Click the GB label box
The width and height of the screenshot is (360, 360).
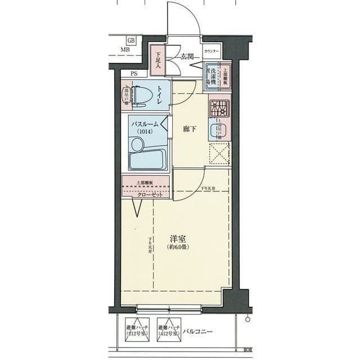click(130, 40)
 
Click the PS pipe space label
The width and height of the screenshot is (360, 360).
click(134, 74)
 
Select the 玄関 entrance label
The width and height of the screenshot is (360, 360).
click(187, 56)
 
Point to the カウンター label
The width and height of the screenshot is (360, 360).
click(211, 52)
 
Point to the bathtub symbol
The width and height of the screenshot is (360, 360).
click(147, 159)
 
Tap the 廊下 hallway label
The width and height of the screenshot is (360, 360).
click(190, 129)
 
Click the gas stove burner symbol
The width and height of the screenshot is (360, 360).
click(218, 107)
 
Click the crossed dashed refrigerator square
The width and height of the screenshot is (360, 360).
click(219, 154)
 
